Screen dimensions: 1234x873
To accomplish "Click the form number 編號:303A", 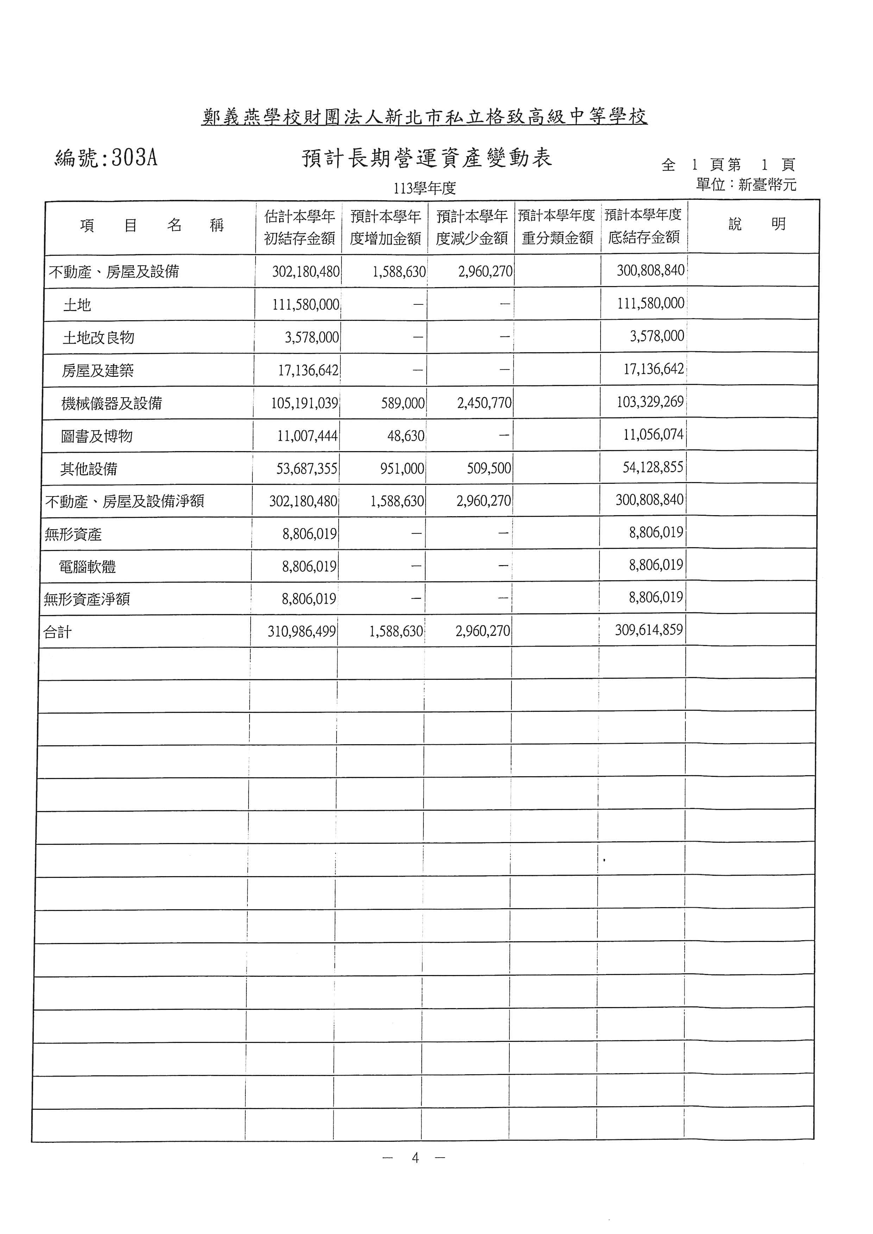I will pyautogui.click(x=106, y=158).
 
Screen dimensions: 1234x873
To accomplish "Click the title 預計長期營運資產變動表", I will pyautogui.click(x=427, y=158).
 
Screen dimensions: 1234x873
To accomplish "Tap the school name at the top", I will pyautogui.click(x=424, y=116).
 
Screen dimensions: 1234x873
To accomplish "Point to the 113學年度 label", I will pyautogui.click(x=424, y=189).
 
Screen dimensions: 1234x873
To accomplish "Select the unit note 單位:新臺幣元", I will pyautogui.click(x=746, y=185).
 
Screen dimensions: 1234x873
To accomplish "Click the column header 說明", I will pyautogui.click(x=757, y=224).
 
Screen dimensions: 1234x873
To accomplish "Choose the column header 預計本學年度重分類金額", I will pyautogui.click(x=557, y=226).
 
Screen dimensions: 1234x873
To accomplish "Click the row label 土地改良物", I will pyautogui.click(x=98, y=337).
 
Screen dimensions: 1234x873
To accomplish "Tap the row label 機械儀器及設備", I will pyautogui.click(x=111, y=403).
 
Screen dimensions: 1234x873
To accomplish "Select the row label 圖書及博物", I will pyautogui.click(x=97, y=436).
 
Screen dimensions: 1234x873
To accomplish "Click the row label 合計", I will pyautogui.click(x=57, y=632).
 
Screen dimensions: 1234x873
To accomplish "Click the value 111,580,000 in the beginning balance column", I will pyautogui.click(x=305, y=305).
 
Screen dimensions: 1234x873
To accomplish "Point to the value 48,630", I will pyautogui.click(x=406, y=436).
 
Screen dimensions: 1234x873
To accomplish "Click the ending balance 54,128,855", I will pyautogui.click(x=653, y=467).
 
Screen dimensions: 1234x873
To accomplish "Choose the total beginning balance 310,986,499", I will pyautogui.click(x=302, y=631).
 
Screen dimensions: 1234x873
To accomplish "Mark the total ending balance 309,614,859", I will pyautogui.click(x=648, y=629).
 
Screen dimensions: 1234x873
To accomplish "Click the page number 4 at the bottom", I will pyautogui.click(x=414, y=1158).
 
